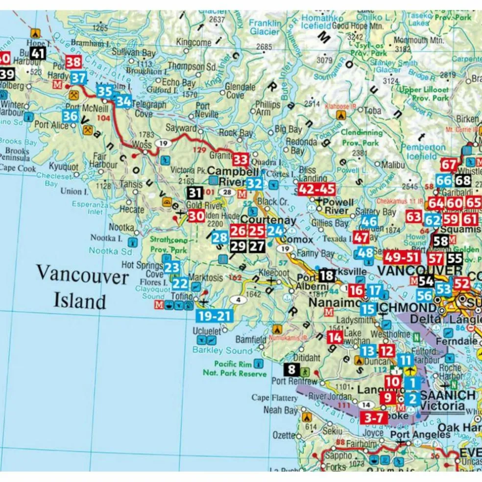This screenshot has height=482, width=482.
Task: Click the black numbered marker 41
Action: [x=38, y=53]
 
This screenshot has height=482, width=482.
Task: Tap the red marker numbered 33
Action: [x=240, y=159]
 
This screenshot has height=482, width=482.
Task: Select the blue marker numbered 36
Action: [x=70, y=116]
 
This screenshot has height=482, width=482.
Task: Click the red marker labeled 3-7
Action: [x=374, y=418]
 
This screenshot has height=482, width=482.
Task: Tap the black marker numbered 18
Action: [x=327, y=276]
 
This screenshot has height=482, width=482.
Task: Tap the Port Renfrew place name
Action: [x=278, y=382]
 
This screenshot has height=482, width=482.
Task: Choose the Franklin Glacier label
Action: [x=265, y=27]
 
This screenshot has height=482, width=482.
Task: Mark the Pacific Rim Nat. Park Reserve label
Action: [x=234, y=369]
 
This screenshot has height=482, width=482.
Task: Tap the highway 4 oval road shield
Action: [x=239, y=300]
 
